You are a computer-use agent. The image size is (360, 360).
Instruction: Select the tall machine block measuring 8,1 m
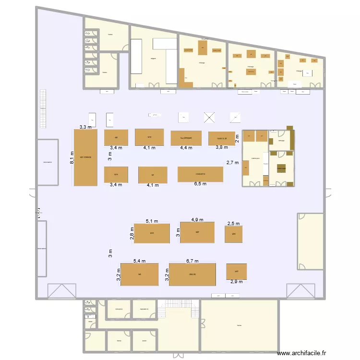85,157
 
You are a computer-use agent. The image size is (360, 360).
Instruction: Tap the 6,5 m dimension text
200,184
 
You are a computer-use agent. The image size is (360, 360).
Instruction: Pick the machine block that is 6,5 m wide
200,174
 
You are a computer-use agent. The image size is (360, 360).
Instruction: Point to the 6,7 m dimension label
192,261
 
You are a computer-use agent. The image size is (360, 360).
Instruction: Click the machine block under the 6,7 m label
192,275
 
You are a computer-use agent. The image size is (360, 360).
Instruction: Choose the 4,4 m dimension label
186,148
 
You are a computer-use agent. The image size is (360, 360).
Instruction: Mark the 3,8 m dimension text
221,147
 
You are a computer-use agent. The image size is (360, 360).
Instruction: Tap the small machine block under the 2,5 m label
233,234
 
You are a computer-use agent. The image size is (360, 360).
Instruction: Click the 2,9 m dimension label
237,282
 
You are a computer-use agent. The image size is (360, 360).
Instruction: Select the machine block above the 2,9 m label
237,271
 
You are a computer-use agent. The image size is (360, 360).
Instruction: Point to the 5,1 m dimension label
152,221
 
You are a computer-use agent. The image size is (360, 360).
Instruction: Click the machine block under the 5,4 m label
139,275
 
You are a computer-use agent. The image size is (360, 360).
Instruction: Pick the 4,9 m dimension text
197,220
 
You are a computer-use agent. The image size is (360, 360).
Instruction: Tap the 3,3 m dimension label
86,127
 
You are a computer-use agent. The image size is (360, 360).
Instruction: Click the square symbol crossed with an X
209,118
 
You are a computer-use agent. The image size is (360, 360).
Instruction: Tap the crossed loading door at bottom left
61,291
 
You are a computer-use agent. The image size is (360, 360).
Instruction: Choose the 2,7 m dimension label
232,163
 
